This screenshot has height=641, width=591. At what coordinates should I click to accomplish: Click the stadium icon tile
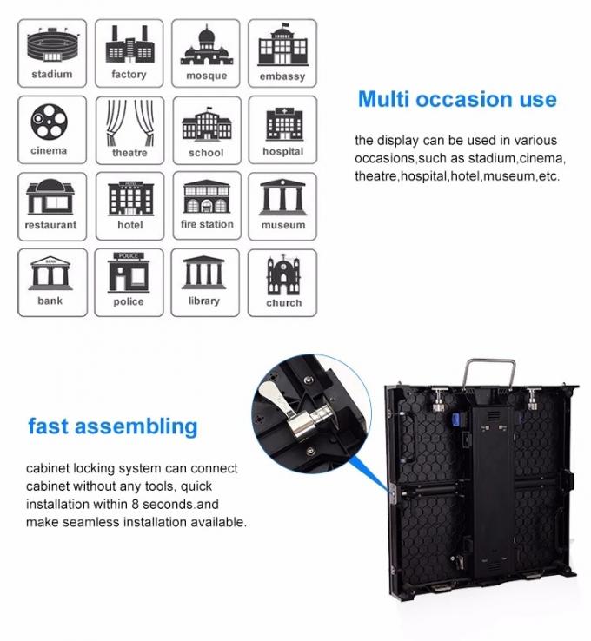click(x=52, y=52)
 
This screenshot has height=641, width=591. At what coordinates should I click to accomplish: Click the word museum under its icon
click(x=282, y=225)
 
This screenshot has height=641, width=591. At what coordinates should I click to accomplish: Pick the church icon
click(x=283, y=276)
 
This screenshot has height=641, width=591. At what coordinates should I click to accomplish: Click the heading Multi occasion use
click(x=457, y=99)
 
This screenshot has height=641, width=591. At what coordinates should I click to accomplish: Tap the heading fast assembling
click(x=113, y=426)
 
